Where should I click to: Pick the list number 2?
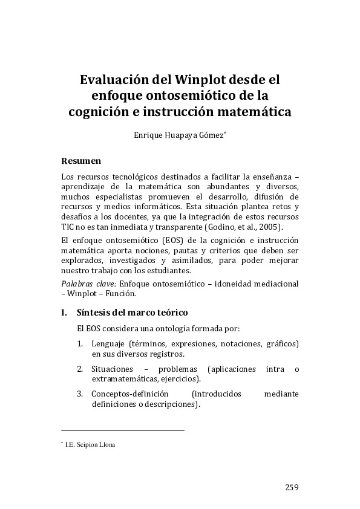pyautogui.click(x=80, y=369)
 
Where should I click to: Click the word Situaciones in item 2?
pyautogui.click(x=112, y=369)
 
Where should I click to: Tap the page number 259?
pyautogui.click(x=292, y=488)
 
